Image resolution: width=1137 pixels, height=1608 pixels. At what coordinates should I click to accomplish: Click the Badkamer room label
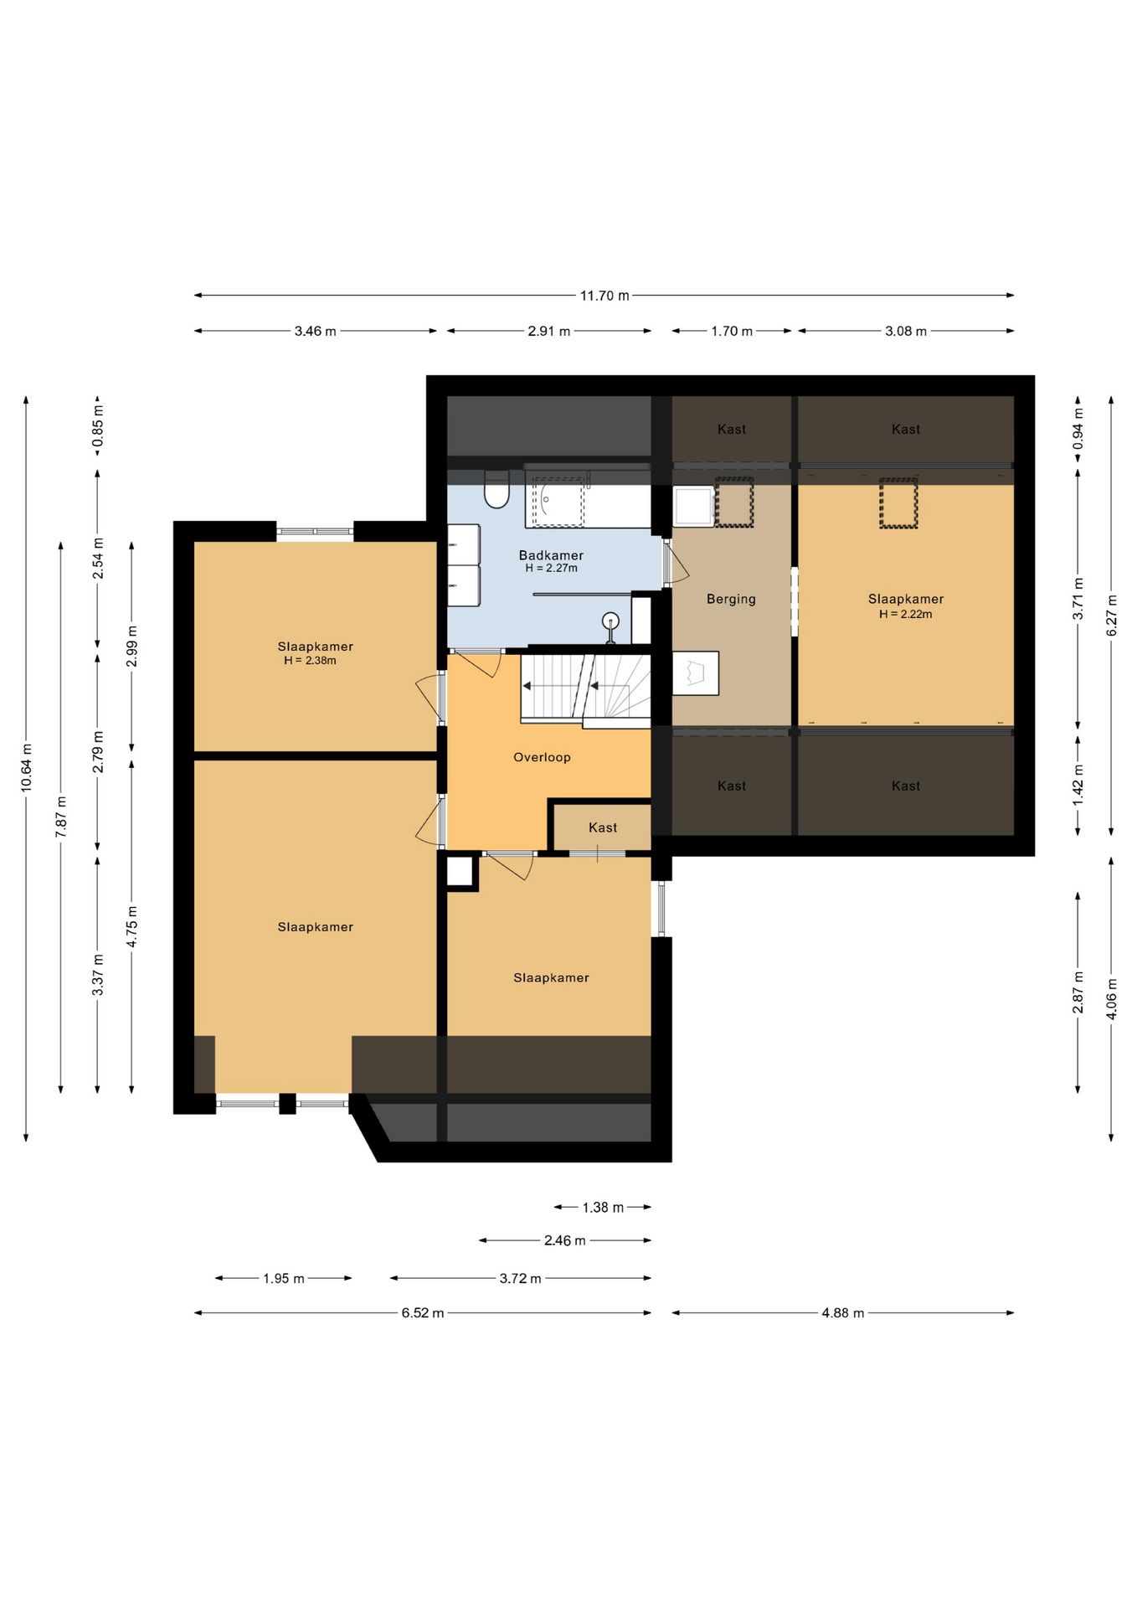[551, 555]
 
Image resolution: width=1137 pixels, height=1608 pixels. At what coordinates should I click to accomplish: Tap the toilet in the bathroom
[496, 489]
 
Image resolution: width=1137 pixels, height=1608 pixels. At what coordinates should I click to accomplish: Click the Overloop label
[542, 757]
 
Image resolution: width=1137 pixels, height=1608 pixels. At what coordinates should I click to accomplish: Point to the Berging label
[731, 599]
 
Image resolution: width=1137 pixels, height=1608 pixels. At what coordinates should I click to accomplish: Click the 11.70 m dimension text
[605, 296]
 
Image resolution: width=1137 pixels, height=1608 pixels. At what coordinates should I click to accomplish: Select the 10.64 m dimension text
[27, 768]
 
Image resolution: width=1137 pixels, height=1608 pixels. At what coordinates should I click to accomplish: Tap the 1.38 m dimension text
[603, 1207]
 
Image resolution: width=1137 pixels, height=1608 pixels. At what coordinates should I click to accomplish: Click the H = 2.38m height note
[310, 661]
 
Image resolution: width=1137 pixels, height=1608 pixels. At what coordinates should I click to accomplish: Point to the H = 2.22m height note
[905, 614]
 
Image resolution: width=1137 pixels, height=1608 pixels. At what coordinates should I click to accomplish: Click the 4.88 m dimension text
[842, 1312]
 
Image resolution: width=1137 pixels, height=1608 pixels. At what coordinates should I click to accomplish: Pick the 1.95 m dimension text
[284, 1278]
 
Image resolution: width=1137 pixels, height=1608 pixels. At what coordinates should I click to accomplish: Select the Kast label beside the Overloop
[603, 827]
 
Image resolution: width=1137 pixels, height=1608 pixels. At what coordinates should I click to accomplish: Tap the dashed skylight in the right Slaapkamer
[898, 502]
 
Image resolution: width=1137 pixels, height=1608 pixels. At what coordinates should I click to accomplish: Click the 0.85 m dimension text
[99, 425]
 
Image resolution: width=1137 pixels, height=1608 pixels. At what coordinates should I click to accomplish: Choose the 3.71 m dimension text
[1078, 599]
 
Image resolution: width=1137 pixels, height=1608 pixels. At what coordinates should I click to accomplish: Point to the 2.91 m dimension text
[549, 331]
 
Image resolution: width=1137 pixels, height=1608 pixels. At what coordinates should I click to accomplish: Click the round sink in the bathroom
[611, 621]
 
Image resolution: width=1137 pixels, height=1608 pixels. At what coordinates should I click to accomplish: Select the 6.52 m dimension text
[423, 1312]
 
